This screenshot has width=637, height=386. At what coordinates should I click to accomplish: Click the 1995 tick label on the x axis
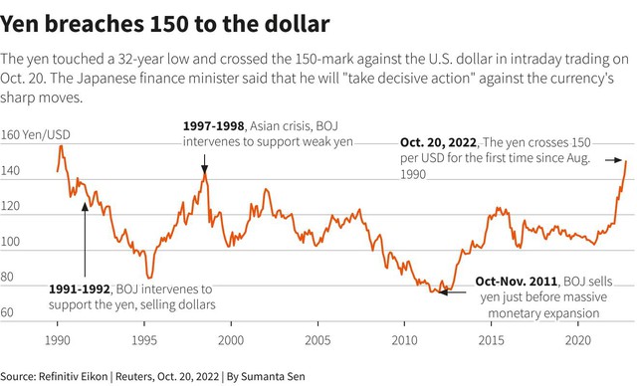pyautogui.click(x=143, y=339)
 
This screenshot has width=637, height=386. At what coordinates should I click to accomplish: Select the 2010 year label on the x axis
pyautogui.click(x=404, y=339)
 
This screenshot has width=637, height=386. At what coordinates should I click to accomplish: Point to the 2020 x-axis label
pyautogui.click(x=577, y=339)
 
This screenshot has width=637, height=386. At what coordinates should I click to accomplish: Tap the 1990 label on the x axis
pyautogui.click(x=58, y=339)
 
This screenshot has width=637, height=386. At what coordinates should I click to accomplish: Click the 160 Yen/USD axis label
pyautogui.click(x=36, y=134)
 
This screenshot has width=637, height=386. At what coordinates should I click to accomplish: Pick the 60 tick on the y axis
pyautogui.click(x=7, y=312)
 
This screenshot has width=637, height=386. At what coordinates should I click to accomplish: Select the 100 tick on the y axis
pyautogui.click(x=10, y=242)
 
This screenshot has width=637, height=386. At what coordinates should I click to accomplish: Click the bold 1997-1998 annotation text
pyautogui.click(x=214, y=125)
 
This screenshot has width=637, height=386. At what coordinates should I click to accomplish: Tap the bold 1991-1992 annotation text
pyautogui.click(x=80, y=289)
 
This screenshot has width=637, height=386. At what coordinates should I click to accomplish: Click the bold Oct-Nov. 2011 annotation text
pyautogui.click(x=516, y=282)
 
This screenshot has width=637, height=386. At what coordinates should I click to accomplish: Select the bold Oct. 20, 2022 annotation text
pyautogui.click(x=438, y=142)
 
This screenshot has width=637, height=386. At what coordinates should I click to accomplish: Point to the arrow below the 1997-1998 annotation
pyautogui.click(x=204, y=164)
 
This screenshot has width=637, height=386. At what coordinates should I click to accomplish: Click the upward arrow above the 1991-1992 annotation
pyautogui.click(x=85, y=240)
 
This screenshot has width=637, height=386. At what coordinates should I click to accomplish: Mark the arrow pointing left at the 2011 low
pyautogui.click(x=453, y=291)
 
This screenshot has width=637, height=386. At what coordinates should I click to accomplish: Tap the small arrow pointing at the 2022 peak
pyautogui.click(x=613, y=160)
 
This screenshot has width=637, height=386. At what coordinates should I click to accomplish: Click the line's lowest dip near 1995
pyautogui.click(x=149, y=278)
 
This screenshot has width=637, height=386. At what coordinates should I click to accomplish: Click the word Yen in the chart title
pyautogui.click(x=19, y=24)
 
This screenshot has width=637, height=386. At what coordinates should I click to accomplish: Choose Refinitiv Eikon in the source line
pyautogui.click(x=73, y=376)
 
